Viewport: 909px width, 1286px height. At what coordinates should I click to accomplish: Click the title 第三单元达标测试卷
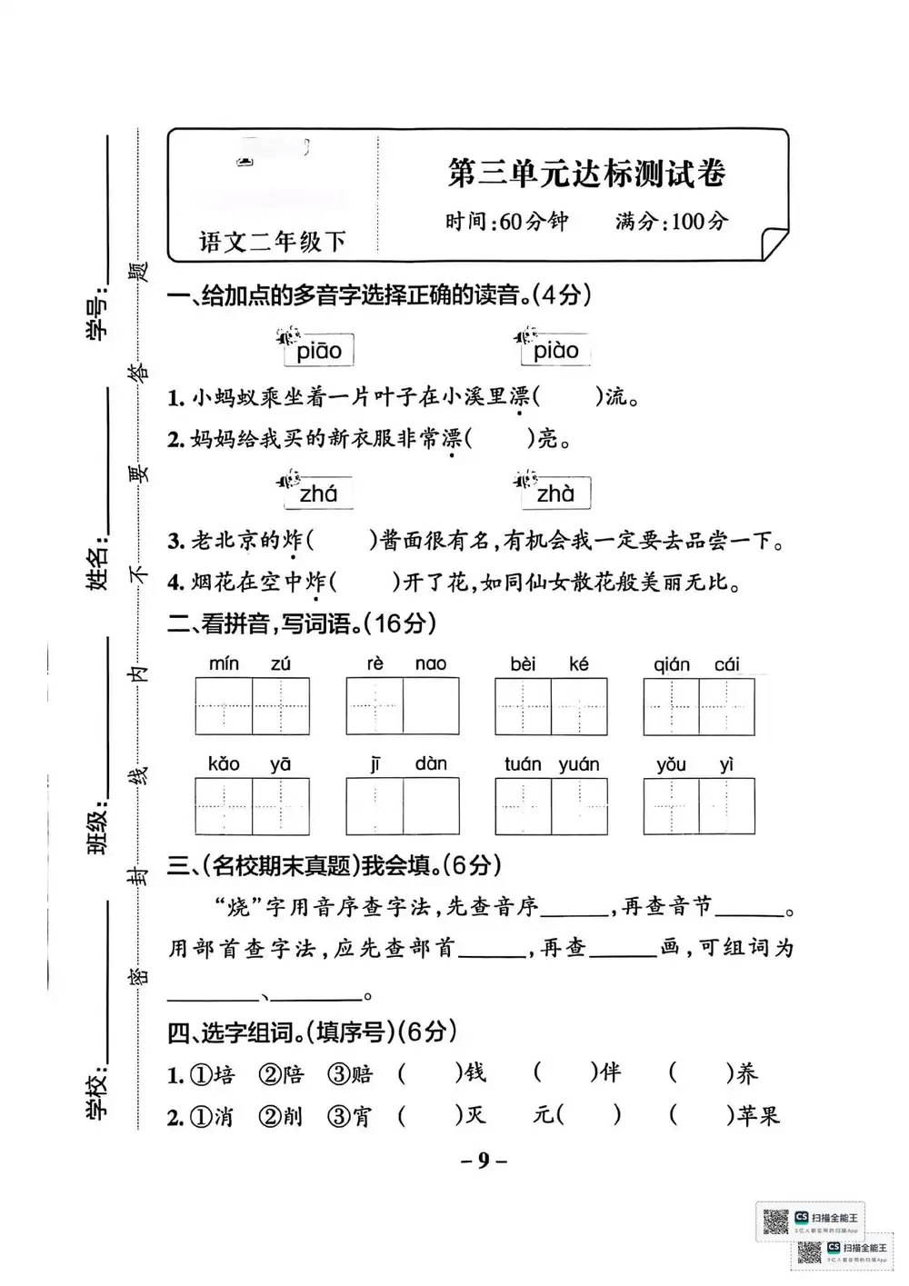[586, 173]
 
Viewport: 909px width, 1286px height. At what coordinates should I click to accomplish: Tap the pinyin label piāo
[319, 351]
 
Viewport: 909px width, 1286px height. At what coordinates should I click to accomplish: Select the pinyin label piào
[555, 351]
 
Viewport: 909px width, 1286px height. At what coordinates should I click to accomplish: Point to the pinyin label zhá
[318, 493]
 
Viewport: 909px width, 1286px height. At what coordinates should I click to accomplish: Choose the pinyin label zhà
[555, 493]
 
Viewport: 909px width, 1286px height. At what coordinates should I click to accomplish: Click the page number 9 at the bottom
[484, 1160]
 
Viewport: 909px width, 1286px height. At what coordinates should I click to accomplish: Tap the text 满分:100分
[672, 221]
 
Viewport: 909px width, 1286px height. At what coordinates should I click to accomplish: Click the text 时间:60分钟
[506, 221]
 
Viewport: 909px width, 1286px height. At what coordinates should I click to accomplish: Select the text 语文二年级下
[273, 242]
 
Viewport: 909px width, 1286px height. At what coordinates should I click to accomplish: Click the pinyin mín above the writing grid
[224, 664]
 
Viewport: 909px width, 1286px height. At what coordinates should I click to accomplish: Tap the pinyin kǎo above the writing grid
[224, 764]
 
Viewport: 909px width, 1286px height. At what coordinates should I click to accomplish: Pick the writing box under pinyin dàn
[431, 806]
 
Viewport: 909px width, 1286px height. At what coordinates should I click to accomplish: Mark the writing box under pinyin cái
[727, 706]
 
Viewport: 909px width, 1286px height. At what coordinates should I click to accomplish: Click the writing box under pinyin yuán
[579, 806]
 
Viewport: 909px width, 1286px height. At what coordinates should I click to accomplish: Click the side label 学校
[97, 1092]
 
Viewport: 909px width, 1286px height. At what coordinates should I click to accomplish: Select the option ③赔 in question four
[351, 1074]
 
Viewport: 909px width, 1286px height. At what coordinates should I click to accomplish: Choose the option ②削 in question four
[281, 1116]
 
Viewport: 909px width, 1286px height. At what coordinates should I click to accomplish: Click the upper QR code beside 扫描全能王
[774, 1222]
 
